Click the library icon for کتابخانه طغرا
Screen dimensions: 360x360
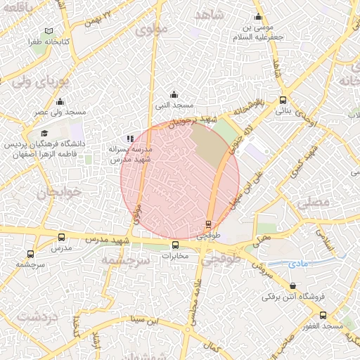click(49, 32)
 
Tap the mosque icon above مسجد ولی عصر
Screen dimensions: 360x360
click(60, 102)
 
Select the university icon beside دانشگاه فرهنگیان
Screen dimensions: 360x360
click(44, 134)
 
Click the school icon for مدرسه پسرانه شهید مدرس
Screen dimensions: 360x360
click(129, 139)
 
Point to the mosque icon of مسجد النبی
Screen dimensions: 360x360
click(174, 95)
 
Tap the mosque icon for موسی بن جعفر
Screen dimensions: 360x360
click(259, 18)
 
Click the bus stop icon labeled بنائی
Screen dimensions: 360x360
click(283, 100)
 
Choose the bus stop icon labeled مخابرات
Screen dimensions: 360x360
click(176, 245)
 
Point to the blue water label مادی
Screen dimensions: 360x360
click(298, 264)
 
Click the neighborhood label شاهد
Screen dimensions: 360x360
click(209, 14)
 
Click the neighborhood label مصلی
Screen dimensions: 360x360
click(312, 202)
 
